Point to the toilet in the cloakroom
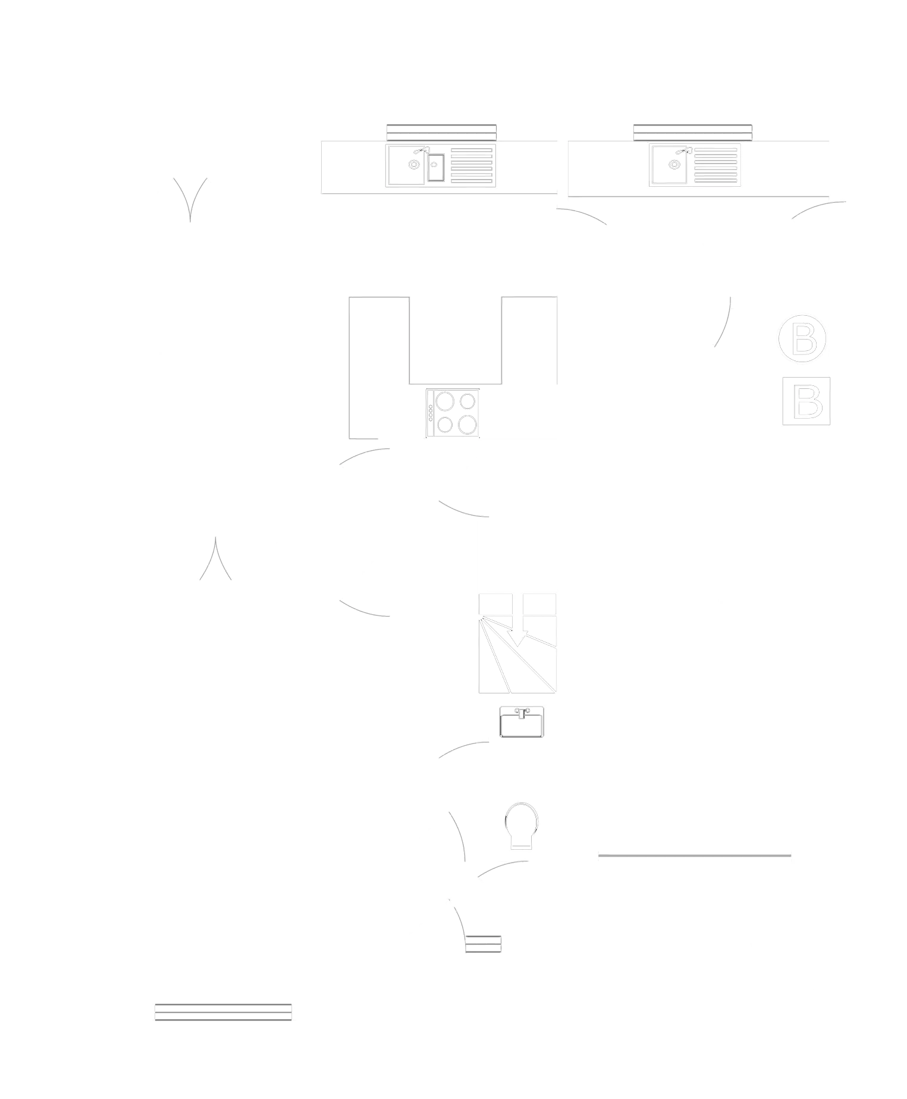522,824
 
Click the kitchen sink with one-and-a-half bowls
441,165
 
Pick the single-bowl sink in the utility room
696,165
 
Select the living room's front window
224,1011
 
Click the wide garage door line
695,856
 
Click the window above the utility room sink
692,132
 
